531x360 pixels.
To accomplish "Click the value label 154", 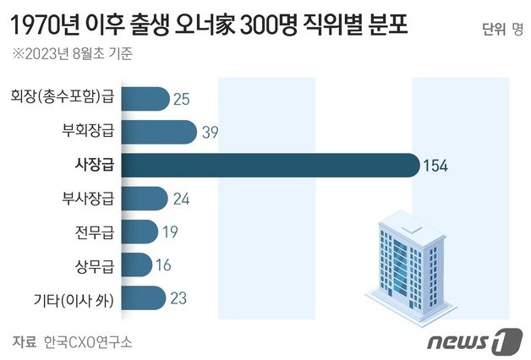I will tap(436, 166).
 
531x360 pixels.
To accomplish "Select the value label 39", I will tap(211, 133).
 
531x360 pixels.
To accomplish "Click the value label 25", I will tap(180, 100).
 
